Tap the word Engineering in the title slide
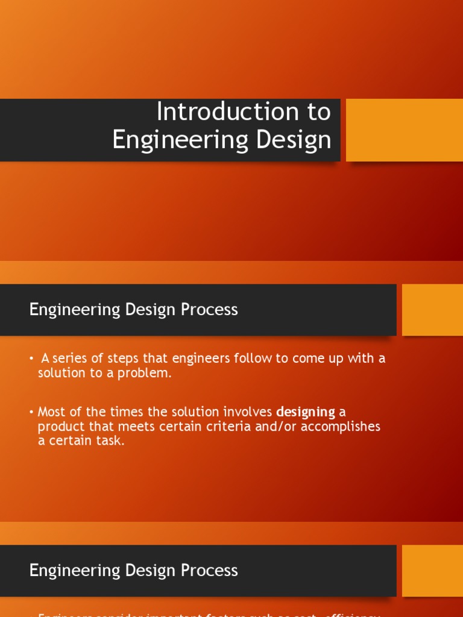pos(180,140)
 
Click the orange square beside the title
pos(404,130)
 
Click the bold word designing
pos(306,412)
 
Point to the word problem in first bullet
pos(148,373)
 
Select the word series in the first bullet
pos(70,359)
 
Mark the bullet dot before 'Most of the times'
pos(31,413)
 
